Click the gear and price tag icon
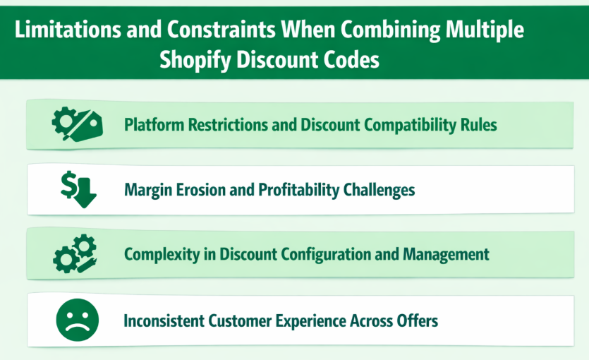[77, 124]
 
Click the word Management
[448, 254]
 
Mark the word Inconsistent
[164, 320]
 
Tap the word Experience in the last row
[312, 320]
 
